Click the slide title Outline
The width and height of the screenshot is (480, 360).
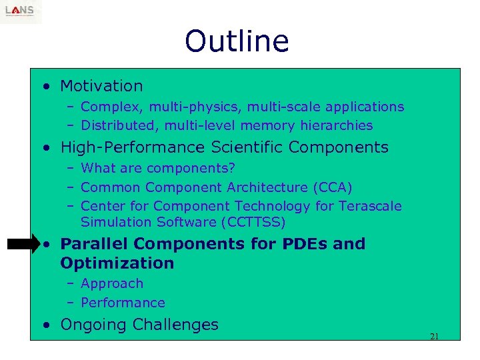237,41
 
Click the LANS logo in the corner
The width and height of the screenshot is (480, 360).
21,11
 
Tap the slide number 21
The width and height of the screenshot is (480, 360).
434,336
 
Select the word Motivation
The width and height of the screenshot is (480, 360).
101,86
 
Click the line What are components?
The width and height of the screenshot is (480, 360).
157,168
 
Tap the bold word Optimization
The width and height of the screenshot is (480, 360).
117,263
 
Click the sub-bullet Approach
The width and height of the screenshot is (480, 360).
111,283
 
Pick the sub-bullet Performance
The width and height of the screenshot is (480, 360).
123,303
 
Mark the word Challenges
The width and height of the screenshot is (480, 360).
175,325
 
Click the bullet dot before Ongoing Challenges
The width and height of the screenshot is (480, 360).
44,325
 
